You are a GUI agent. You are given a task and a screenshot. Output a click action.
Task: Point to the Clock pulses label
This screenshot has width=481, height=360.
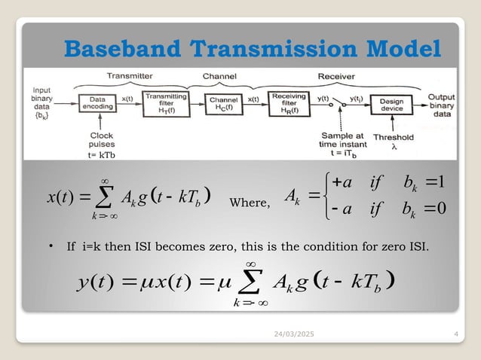pyautogui.click(x=96, y=141)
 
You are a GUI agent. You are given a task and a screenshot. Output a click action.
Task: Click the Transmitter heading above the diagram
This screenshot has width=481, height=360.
pyautogui.click(x=129, y=75)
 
